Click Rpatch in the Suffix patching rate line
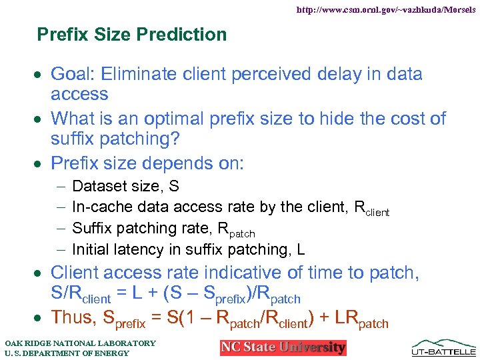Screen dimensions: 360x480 point(236,230)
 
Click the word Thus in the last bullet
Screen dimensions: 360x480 point(73,317)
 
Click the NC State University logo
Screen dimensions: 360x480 point(283,347)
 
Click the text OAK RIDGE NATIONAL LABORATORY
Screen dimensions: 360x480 point(79,343)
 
